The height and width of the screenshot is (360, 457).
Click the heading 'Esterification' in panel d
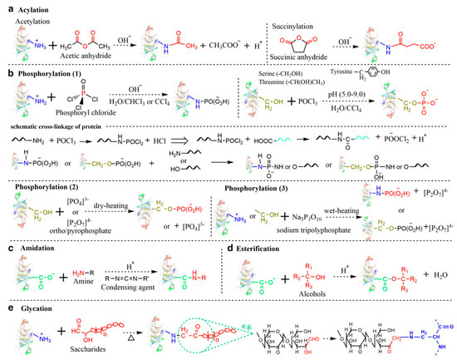268,248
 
